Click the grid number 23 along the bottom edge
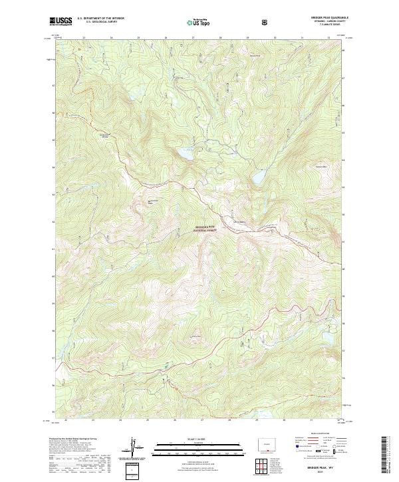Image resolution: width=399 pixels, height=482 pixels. pyautogui.click(x=92, y=420)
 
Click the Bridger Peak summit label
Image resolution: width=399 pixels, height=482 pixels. pyautogui.click(x=154, y=201)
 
